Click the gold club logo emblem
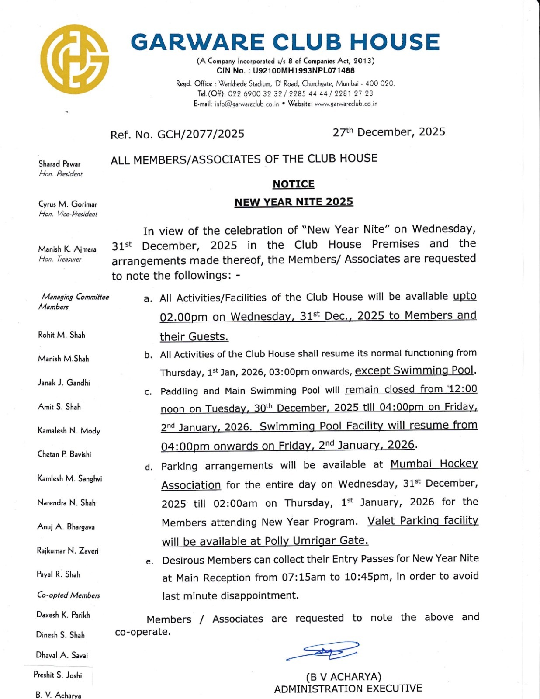point(75,59)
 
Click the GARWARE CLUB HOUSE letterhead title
point(285,42)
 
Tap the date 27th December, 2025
point(388,132)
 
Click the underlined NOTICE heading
point(293,184)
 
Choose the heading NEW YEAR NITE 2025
point(294,202)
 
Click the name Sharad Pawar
point(59,164)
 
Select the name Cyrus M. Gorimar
point(68,204)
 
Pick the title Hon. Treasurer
point(60,259)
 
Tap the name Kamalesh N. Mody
point(69,431)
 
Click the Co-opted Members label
point(68,595)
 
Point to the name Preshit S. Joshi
point(58,675)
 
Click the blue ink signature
point(324,651)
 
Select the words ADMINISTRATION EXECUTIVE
point(348,689)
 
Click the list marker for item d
point(149,467)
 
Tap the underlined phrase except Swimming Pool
point(414,370)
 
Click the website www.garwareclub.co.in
point(346,104)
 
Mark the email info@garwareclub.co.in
point(246,104)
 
